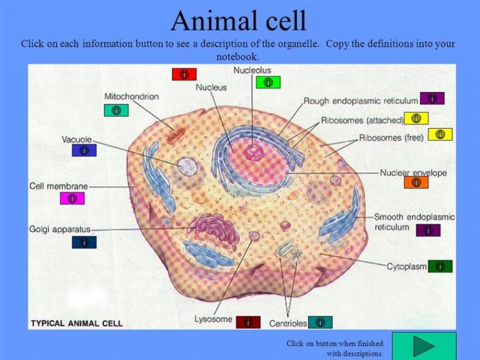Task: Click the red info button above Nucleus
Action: [x=184, y=74]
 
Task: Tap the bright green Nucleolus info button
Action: [x=268, y=82]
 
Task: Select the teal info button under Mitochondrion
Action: [x=116, y=110]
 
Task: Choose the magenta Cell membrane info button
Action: [x=72, y=198]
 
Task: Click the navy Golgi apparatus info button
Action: [x=84, y=242]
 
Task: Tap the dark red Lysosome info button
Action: [x=248, y=322]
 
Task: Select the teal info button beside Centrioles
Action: [x=320, y=322]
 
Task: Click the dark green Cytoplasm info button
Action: [x=440, y=266]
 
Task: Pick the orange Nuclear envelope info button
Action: [x=416, y=182]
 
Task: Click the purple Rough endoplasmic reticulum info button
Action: [x=432, y=98]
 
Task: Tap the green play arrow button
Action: [x=424, y=346]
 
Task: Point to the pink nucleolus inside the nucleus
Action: [x=254, y=152]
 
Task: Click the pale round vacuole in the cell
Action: [x=187, y=166]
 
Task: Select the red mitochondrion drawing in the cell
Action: [x=176, y=136]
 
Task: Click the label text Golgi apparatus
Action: [x=60, y=229]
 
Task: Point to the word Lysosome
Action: [x=213, y=319]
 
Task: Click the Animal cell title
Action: [x=239, y=21]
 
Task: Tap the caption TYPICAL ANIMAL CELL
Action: [x=76, y=323]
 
